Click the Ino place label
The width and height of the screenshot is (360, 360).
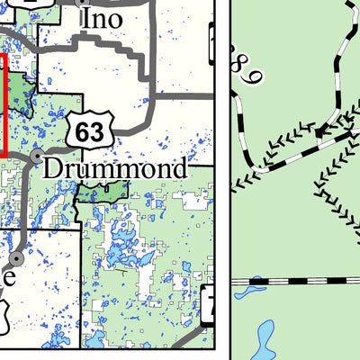point(102,17)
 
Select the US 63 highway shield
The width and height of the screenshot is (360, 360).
point(90,131)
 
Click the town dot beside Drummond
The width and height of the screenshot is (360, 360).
point(35,157)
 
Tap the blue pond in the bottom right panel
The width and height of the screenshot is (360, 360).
point(264,338)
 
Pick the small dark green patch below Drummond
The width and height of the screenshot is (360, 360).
point(100,191)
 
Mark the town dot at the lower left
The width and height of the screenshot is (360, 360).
point(17,258)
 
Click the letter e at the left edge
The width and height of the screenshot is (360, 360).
point(7,278)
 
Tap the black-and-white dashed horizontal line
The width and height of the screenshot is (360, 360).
point(297,281)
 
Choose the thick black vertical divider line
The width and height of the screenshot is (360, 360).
point(221,180)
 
